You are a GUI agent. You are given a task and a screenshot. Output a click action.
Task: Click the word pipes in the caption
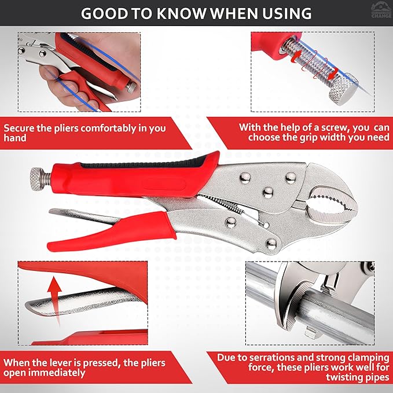tap(376, 377)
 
